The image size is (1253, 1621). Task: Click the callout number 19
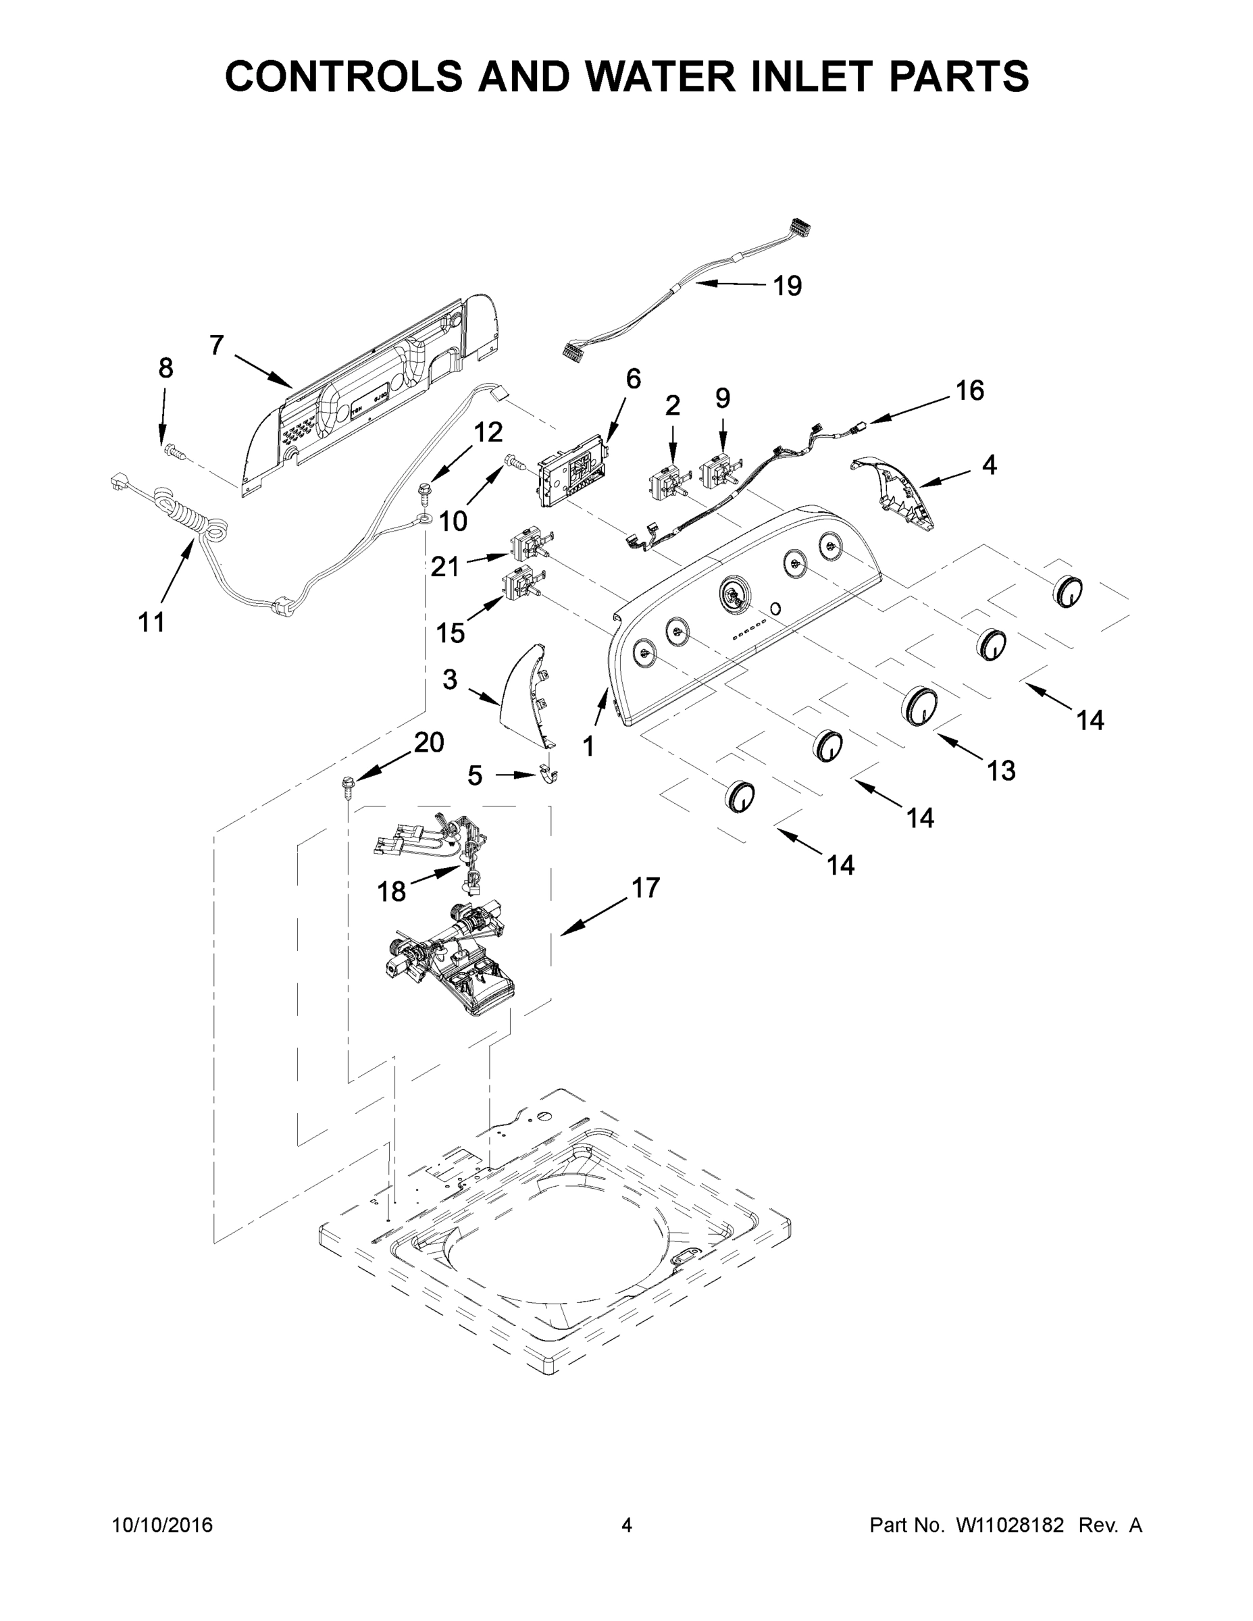(788, 286)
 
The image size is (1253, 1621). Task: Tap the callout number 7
(216, 345)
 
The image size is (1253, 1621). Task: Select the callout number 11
(151, 622)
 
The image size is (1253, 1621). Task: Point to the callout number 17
(645, 887)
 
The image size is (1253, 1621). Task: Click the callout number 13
(1000, 771)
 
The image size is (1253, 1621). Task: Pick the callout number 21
(445, 567)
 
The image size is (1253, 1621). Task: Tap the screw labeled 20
(347, 786)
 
